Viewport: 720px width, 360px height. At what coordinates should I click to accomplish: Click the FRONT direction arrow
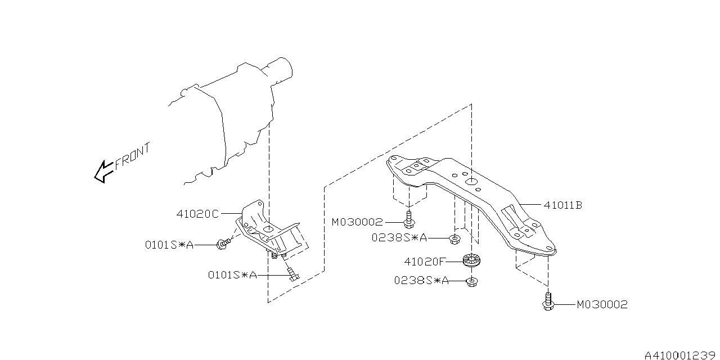pyautogui.click(x=103, y=171)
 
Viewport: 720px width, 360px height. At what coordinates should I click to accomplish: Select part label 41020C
pyautogui.click(x=197, y=214)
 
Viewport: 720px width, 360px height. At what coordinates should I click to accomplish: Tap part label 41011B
pyautogui.click(x=562, y=205)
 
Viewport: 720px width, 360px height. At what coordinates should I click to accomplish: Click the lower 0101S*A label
pyautogui.click(x=232, y=275)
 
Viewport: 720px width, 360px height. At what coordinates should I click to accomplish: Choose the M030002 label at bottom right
pyautogui.click(x=602, y=305)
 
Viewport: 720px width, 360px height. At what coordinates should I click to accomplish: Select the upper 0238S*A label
pyautogui.click(x=399, y=238)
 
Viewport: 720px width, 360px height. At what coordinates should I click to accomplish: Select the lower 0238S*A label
pyautogui.click(x=421, y=281)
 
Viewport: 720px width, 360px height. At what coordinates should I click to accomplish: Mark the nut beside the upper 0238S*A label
pyautogui.click(x=453, y=240)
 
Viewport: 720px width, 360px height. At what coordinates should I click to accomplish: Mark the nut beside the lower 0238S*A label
pyautogui.click(x=471, y=281)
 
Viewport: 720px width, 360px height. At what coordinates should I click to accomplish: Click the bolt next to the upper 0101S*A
pyautogui.click(x=223, y=244)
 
